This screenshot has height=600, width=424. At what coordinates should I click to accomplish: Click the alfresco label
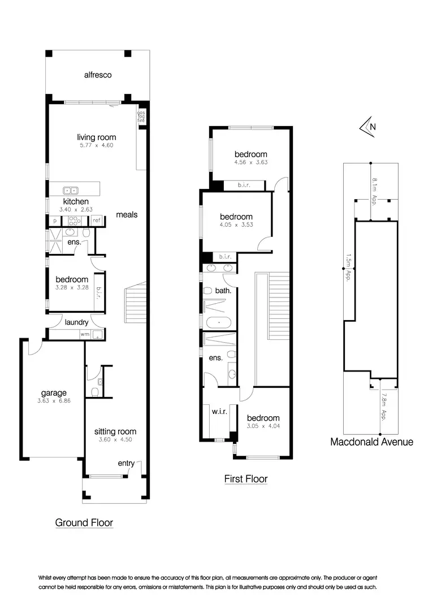click(x=97, y=75)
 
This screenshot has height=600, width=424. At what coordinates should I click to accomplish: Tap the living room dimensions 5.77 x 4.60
click(x=97, y=145)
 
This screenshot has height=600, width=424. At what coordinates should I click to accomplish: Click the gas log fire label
click(x=141, y=116)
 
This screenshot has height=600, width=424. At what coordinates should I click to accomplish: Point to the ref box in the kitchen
click(x=97, y=220)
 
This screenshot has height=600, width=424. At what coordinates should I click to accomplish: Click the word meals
click(x=127, y=215)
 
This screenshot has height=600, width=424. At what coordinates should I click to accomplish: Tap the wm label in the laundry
click(x=85, y=334)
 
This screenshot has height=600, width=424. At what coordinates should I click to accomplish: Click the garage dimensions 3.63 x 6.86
click(x=54, y=403)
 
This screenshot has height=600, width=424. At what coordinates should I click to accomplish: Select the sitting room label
click(x=115, y=431)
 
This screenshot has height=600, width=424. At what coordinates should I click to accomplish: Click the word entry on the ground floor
click(x=126, y=464)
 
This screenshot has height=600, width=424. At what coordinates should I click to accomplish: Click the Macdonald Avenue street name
click(x=371, y=442)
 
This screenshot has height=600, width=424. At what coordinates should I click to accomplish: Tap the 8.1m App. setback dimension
click(x=374, y=191)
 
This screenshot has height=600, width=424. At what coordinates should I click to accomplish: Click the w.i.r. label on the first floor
click(x=219, y=411)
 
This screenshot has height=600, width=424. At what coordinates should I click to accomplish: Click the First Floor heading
click(x=246, y=479)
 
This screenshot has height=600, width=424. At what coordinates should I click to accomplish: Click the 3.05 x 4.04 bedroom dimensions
click(x=263, y=428)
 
